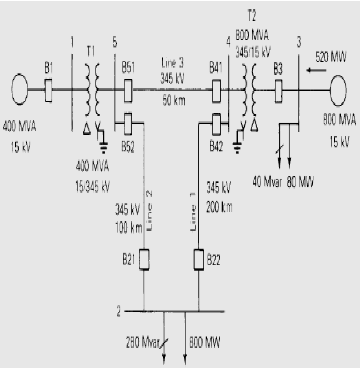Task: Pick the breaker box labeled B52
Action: (x=128, y=122)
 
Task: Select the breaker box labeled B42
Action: (x=217, y=122)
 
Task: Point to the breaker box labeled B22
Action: (x=198, y=260)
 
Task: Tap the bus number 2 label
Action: (x=119, y=310)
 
